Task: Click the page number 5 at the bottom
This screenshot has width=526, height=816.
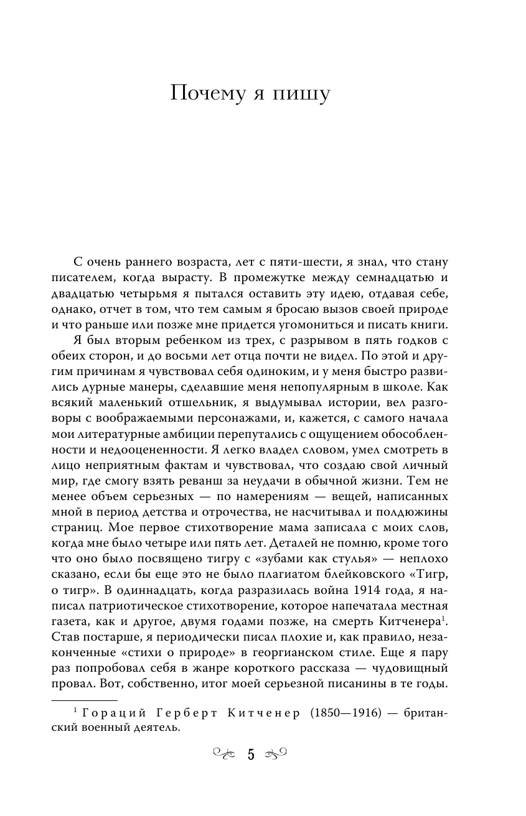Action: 251,755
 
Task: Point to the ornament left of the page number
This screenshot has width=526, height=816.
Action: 225,755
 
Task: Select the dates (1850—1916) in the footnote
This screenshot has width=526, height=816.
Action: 349,712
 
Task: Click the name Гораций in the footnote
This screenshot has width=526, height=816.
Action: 110,712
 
